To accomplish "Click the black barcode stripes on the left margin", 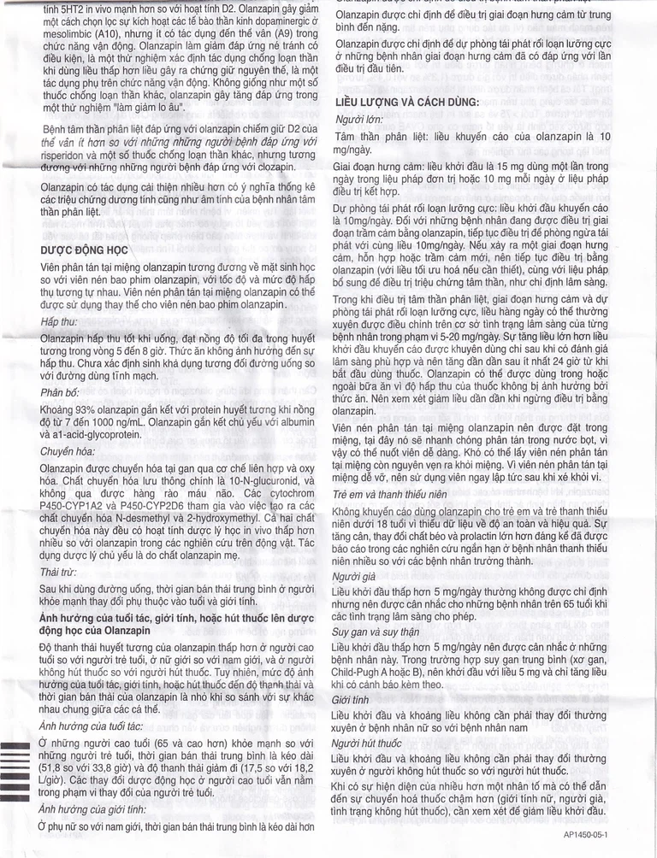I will [x=15, y=769].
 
